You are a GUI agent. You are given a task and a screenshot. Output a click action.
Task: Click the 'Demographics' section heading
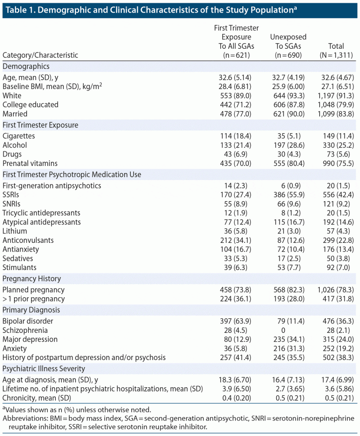tap(26, 67)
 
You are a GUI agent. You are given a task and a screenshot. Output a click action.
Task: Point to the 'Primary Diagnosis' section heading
tap(31, 310)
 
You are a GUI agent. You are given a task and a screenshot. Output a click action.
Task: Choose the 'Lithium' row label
tap(15, 231)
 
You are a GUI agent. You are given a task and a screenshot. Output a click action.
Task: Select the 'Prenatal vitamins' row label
tap(30, 163)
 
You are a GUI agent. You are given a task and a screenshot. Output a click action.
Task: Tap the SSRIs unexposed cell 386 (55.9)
tap(288, 195)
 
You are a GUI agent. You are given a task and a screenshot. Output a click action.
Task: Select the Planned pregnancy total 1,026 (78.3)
tap(336, 290)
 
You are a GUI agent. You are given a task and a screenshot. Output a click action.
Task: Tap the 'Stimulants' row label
tap(20, 267)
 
